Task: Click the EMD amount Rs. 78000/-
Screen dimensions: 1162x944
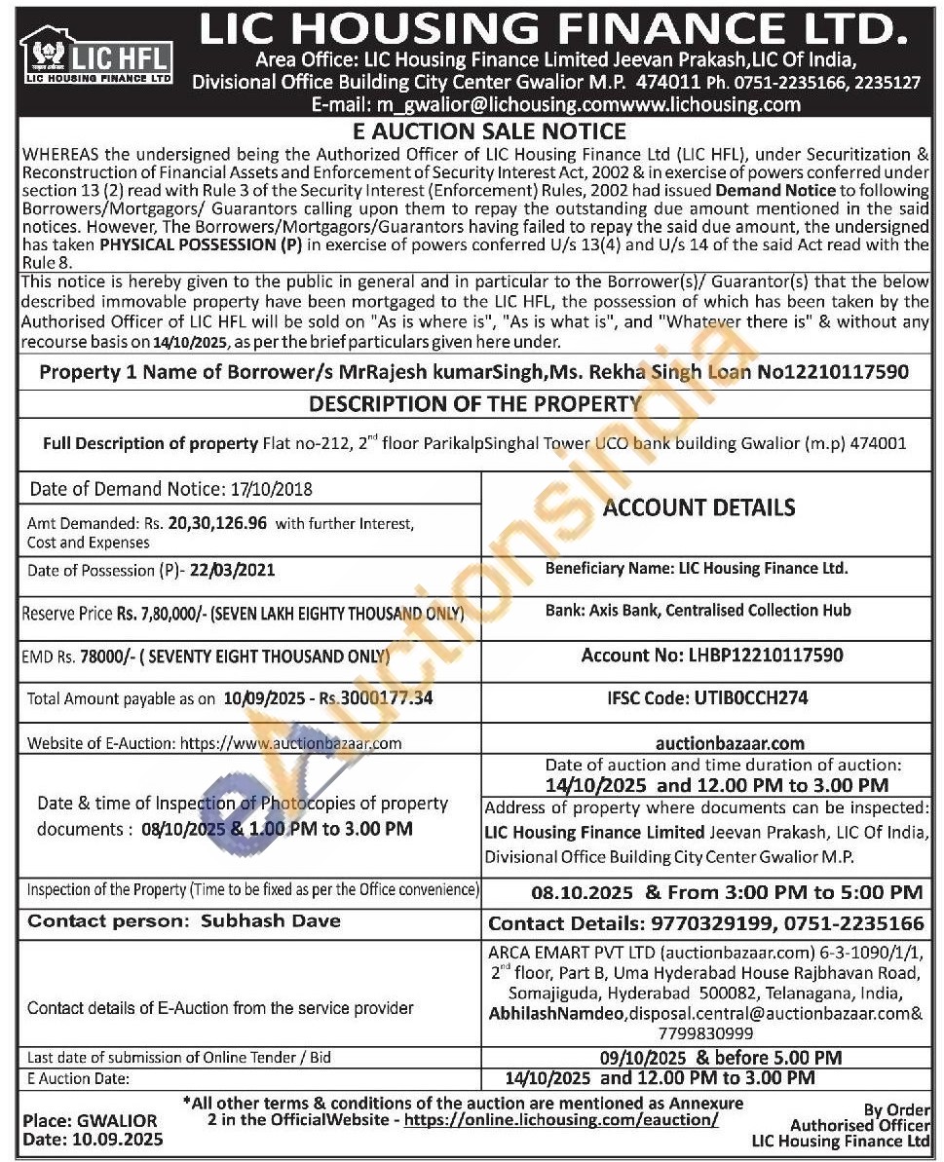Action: (x=96, y=656)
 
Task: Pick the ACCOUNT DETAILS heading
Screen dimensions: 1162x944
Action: (x=699, y=507)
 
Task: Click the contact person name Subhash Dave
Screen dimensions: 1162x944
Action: (x=270, y=920)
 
